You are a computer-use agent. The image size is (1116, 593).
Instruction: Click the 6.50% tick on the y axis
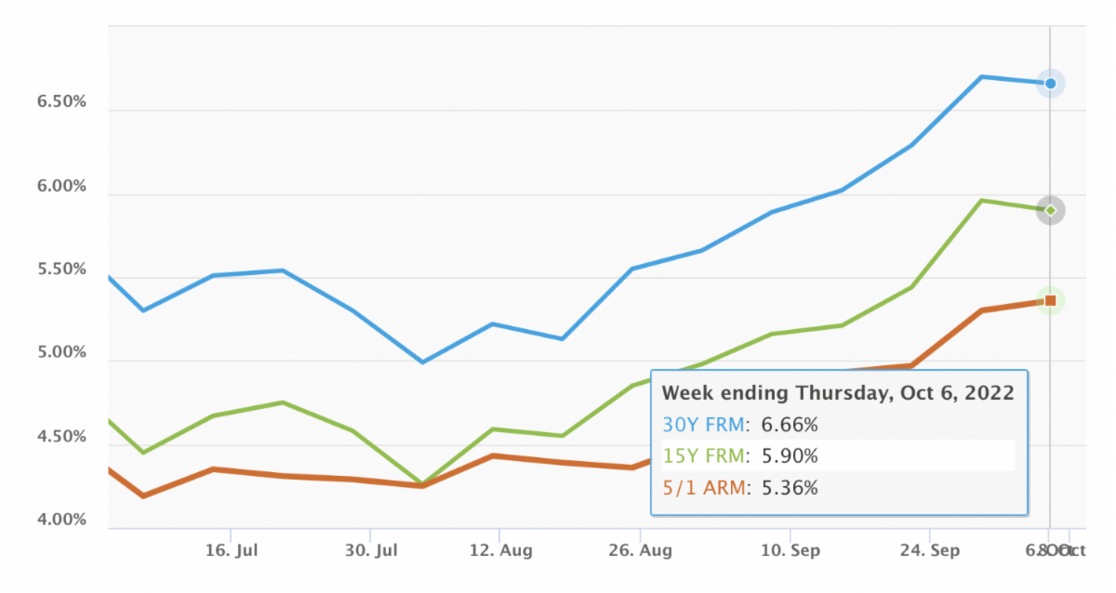click(x=60, y=101)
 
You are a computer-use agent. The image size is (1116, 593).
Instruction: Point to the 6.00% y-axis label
click(x=60, y=186)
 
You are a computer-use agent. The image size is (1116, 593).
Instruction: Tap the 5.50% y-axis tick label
click(x=60, y=270)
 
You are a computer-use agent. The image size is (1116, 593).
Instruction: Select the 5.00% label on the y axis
click(x=60, y=353)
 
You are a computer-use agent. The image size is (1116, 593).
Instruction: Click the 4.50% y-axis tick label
click(x=60, y=437)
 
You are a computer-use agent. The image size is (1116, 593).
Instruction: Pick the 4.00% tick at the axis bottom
click(x=60, y=520)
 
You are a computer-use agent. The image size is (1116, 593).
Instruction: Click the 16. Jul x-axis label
click(x=231, y=550)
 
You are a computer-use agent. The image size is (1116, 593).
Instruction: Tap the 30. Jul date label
click(x=370, y=550)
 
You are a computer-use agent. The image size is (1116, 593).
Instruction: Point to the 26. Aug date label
click(x=640, y=550)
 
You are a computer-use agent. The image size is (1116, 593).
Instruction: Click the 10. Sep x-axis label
click(x=790, y=550)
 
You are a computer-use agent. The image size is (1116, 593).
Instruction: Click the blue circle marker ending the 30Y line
click(x=1050, y=84)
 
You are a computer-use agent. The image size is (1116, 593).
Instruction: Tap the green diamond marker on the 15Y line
click(x=1050, y=210)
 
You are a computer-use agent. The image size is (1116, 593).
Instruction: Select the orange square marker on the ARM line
click(x=1050, y=300)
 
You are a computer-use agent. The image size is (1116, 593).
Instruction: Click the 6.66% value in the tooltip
click(x=790, y=425)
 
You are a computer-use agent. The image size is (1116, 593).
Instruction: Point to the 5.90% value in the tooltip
click(x=790, y=456)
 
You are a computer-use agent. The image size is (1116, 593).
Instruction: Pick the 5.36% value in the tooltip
click(x=790, y=487)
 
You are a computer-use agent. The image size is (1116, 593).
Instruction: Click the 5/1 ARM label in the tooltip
click(x=704, y=487)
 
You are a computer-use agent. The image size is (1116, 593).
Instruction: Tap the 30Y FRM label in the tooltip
click(x=704, y=425)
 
